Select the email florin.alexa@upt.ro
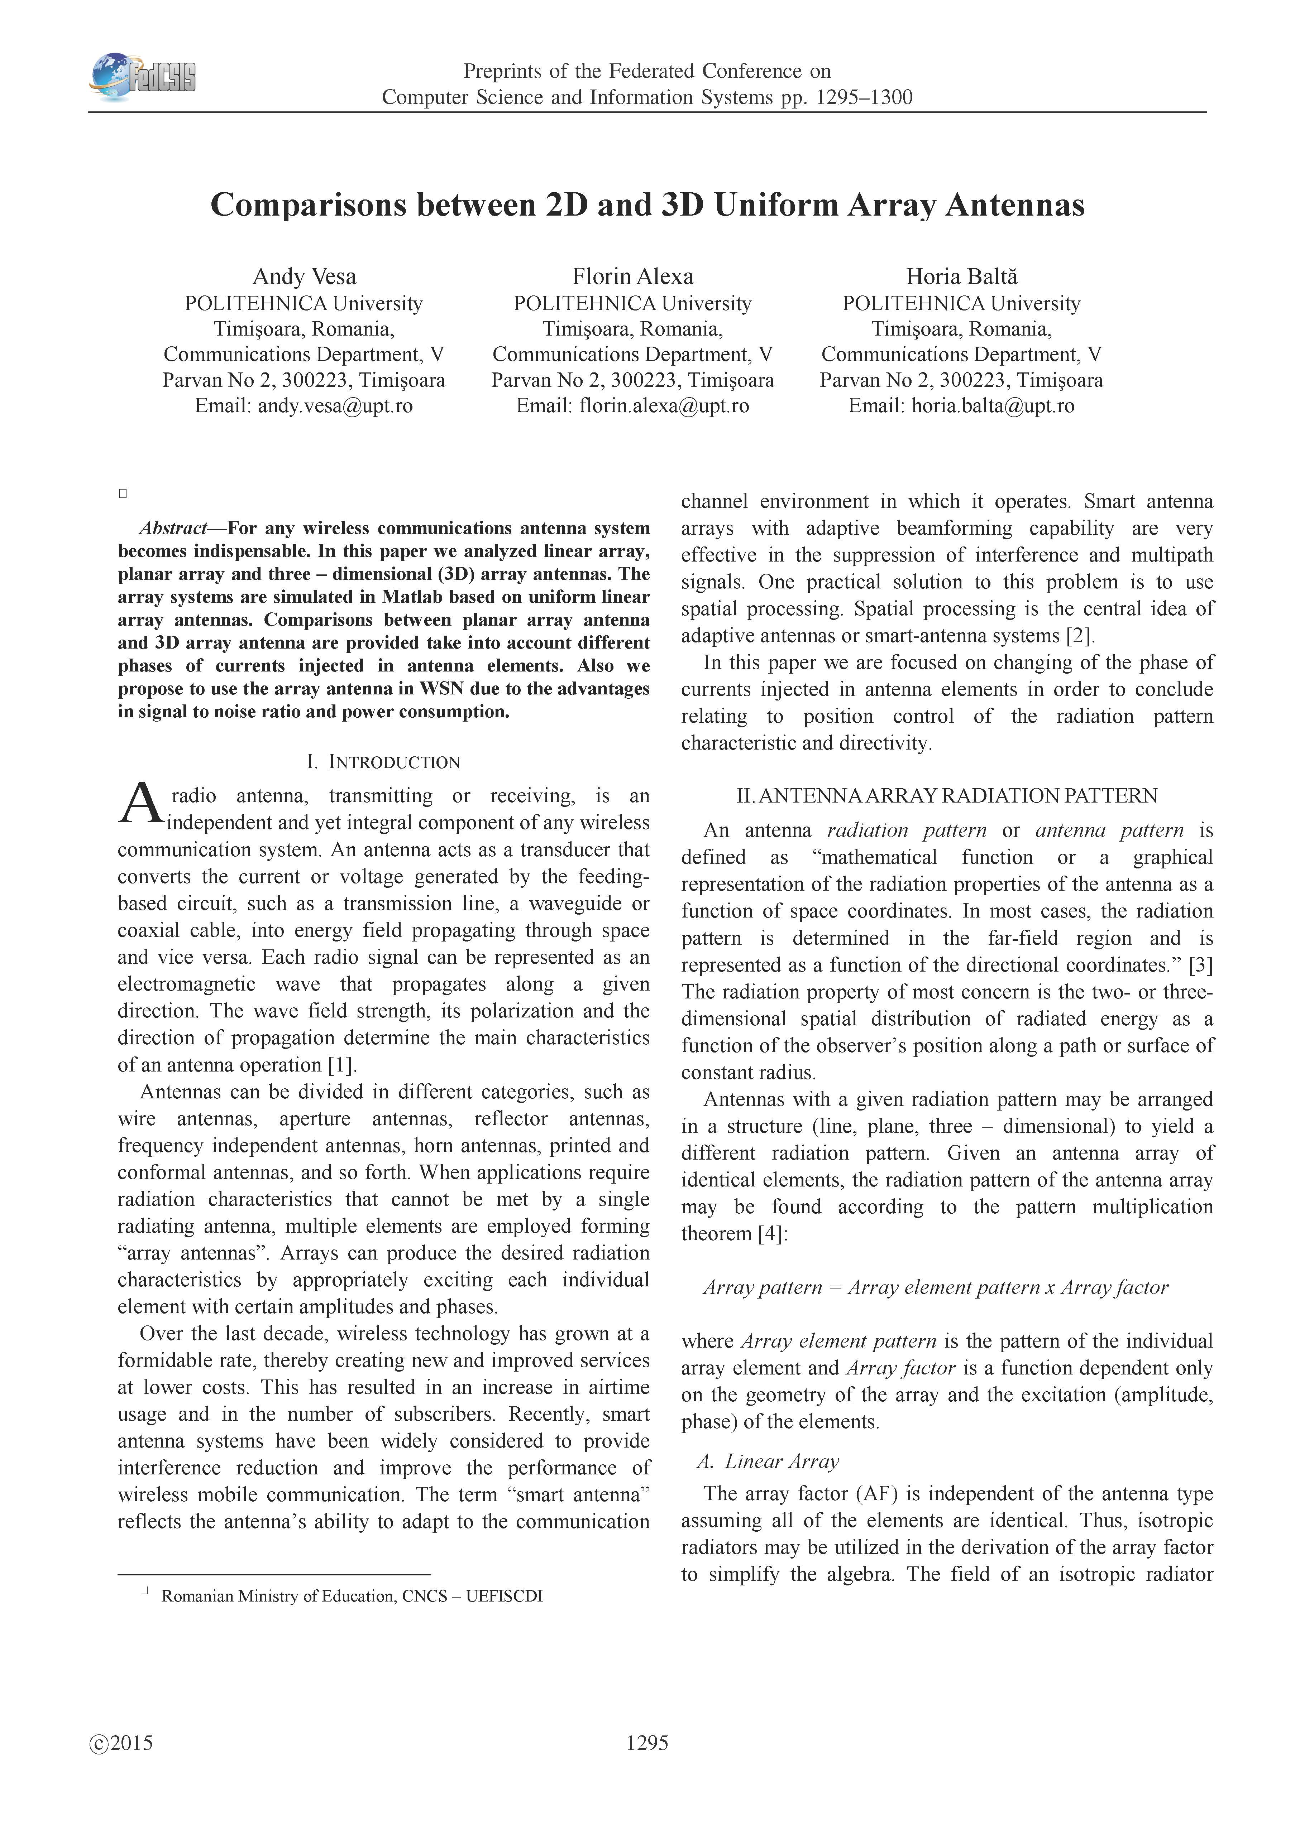(x=664, y=406)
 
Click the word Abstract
(x=173, y=529)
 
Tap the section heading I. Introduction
(x=383, y=762)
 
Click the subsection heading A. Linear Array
(x=768, y=1461)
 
